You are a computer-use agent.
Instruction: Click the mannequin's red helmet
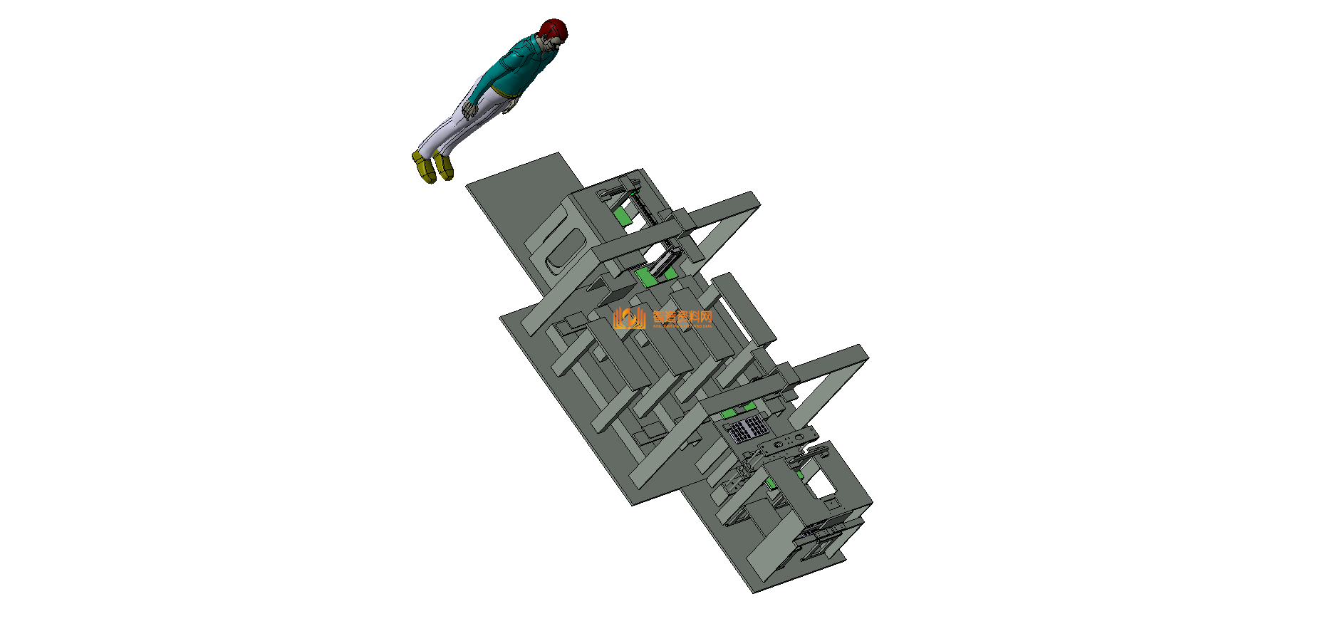554,29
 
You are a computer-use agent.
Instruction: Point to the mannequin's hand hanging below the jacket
511,106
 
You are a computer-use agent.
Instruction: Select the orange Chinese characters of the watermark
682,317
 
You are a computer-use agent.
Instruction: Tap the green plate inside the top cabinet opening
625,217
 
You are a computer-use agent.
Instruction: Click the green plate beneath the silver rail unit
649,276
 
